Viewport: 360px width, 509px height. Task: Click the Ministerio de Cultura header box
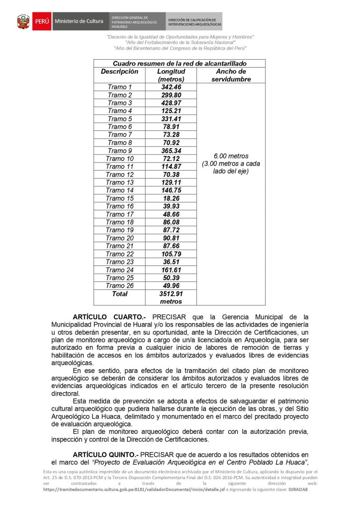[x=79, y=21]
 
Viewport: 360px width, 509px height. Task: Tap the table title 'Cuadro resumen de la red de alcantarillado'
[x=180, y=64]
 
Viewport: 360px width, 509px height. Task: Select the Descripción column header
[x=119, y=72]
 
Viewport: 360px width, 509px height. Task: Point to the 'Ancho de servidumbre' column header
[x=231, y=75]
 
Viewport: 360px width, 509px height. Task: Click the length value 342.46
[x=171, y=87]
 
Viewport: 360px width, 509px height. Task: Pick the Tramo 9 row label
[x=119, y=151]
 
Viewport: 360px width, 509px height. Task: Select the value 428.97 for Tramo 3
[x=171, y=103]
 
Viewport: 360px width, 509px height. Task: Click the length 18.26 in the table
[x=171, y=198]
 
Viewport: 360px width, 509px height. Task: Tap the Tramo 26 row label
[x=119, y=286]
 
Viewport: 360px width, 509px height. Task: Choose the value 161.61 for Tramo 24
[x=171, y=270]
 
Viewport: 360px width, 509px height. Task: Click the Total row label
[x=119, y=294]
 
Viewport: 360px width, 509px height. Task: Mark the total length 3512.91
[x=171, y=294]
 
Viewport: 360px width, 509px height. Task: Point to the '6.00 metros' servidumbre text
[x=231, y=156]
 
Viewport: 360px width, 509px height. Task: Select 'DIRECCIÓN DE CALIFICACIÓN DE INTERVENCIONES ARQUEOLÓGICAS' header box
[x=194, y=22]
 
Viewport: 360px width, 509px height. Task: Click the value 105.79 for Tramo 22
[x=171, y=254]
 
